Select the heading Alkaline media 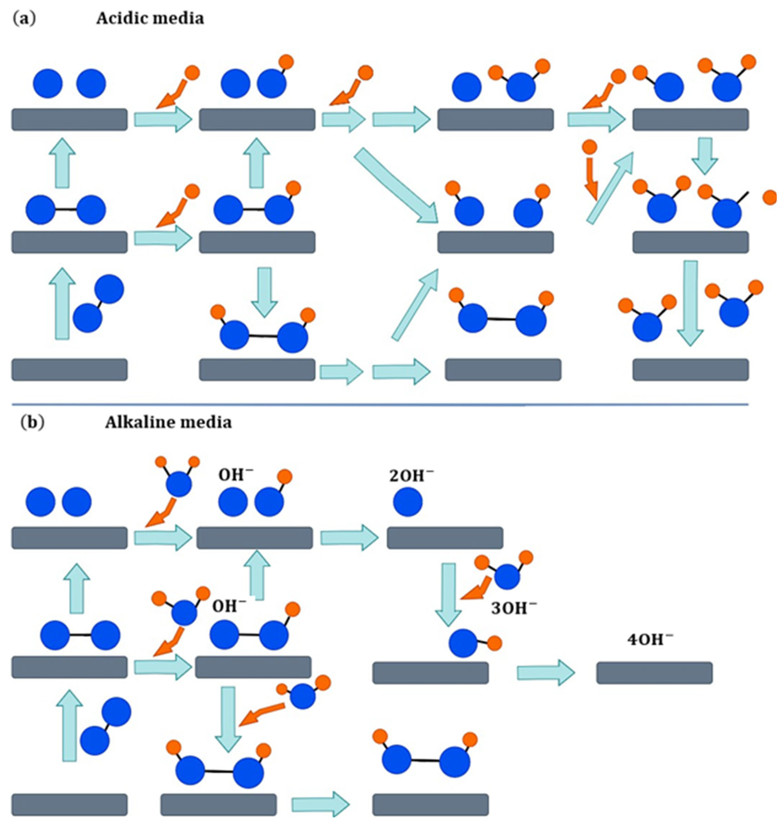tap(168, 422)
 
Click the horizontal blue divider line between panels tap(381, 404)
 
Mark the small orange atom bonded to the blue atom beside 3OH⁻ tap(494, 644)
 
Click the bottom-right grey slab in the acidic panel tap(690, 370)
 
